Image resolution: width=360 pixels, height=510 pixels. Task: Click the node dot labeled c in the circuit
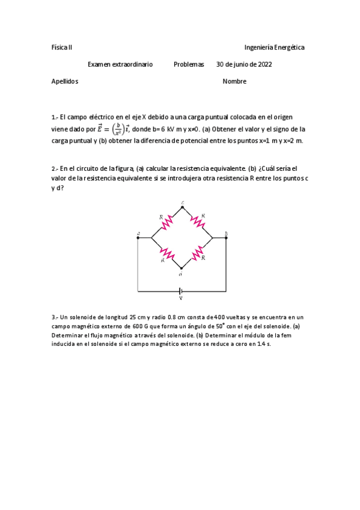[x=182, y=207]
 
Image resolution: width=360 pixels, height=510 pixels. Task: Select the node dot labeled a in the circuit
[x=138, y=238]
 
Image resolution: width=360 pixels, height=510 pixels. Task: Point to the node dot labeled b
[x=226, y=238]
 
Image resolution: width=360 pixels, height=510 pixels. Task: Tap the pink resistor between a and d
[x=166, y=254]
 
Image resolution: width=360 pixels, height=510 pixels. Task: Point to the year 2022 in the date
[x=264, y=64]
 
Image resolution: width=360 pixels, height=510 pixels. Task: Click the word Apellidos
[x=65, y=82]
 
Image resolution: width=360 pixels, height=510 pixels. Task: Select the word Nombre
[x=234, y=82]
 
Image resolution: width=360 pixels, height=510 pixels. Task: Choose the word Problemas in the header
[x=189, y=64]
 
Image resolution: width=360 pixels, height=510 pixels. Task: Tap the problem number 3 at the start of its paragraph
[x=55, y=317]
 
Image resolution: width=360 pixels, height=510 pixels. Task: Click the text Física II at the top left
[x=62, y=47]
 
